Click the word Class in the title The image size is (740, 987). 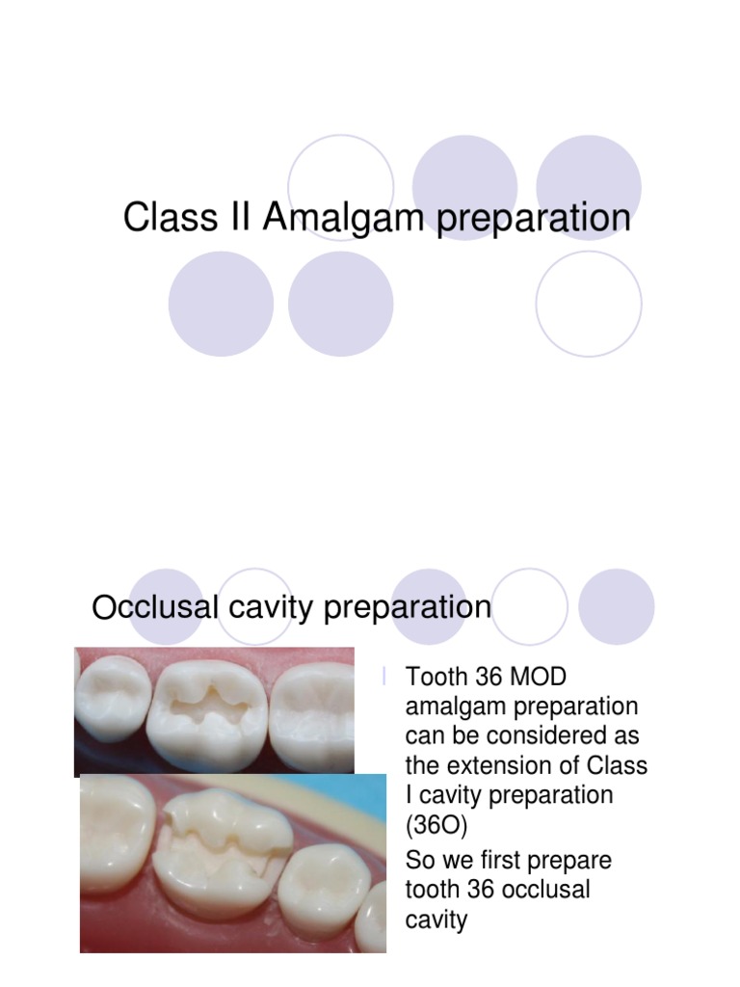pos(157,218)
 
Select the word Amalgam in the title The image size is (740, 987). pos(343,218)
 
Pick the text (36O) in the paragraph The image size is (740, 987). pos(435,826)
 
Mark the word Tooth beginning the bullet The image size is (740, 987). pos(436,678)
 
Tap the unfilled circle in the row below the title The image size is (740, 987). pos(589,304)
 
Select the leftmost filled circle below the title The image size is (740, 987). pos(221,304)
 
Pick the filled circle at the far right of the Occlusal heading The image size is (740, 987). pos(617,606)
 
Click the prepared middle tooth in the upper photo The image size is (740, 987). pos(207,714)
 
